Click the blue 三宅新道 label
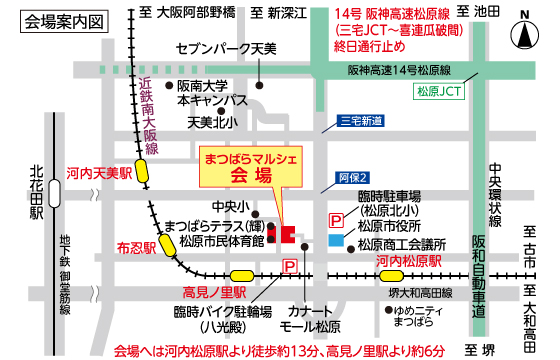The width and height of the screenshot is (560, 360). [x=361, y=122]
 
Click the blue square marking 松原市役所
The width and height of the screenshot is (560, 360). [x=335, y=240]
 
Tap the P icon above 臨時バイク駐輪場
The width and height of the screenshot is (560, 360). [x=290, y=265]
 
